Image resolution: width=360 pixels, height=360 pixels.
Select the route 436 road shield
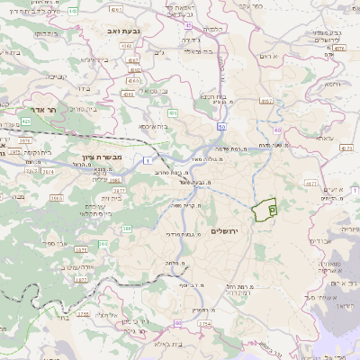[x=171, y=113]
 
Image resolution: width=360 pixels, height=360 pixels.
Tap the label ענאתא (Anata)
[x=324, y=139]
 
